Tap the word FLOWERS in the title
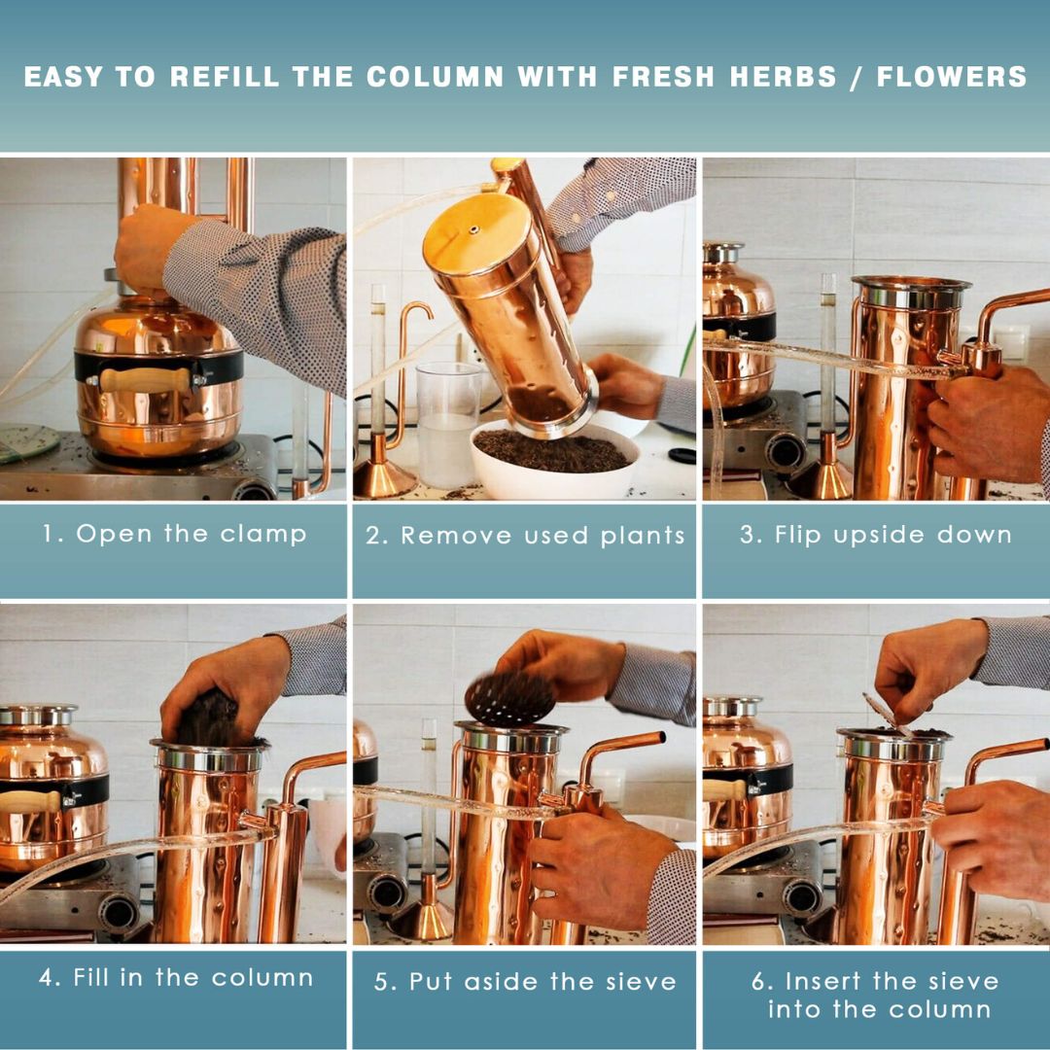coord(952,77)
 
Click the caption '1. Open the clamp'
coord(174,534)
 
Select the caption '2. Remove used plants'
coord(525,536)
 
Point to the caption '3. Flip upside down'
coord(875,535)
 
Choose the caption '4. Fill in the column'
coord(176,978)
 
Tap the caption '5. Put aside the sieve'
coord(525,981)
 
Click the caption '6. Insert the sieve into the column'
coord(875,995)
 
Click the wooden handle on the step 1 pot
coord(145,380)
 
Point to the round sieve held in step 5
coord(509,696)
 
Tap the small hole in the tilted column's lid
coord(472,230)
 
